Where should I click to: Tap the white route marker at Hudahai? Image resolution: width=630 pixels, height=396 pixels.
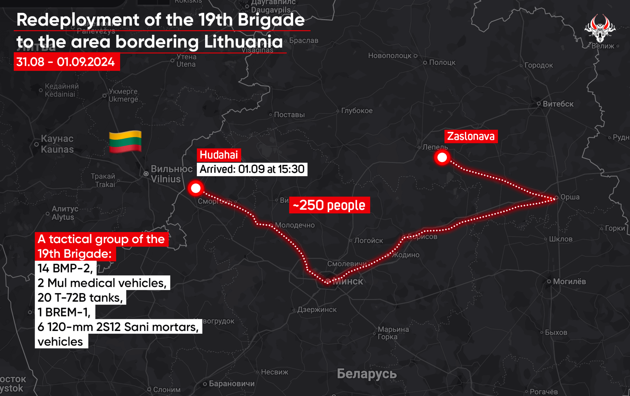point(196,188)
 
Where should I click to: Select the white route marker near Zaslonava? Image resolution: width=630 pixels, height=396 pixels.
point(442,157)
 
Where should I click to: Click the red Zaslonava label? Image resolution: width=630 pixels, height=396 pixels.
point(471,137)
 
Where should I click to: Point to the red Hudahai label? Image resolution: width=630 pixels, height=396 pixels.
point(219,155)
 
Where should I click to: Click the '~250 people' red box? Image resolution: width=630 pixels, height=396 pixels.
point(329,205)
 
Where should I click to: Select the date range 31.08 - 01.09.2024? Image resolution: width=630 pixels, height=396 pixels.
point(66,62)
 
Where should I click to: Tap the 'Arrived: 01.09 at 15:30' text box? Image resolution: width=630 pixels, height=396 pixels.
point(252,169)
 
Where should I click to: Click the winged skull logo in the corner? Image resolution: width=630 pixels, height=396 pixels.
point(600,28)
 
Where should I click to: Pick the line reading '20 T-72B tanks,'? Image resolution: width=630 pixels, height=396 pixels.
point(80,298)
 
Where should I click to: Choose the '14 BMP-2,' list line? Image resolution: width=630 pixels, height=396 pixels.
point(65,268)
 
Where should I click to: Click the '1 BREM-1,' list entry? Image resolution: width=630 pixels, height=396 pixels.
point(64,312)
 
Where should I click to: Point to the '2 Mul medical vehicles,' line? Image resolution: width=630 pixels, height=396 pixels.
point(102,283)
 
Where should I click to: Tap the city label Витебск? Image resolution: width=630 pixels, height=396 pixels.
point(558,104)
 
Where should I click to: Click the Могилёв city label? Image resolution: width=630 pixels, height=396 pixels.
point(569,282)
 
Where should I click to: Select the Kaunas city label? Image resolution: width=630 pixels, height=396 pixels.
point(57,144)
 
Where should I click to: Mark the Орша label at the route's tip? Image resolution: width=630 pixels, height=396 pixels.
point(570,197)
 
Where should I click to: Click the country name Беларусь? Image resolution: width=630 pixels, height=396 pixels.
point(367,374)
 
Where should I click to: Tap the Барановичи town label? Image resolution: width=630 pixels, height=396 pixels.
point(232,384)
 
